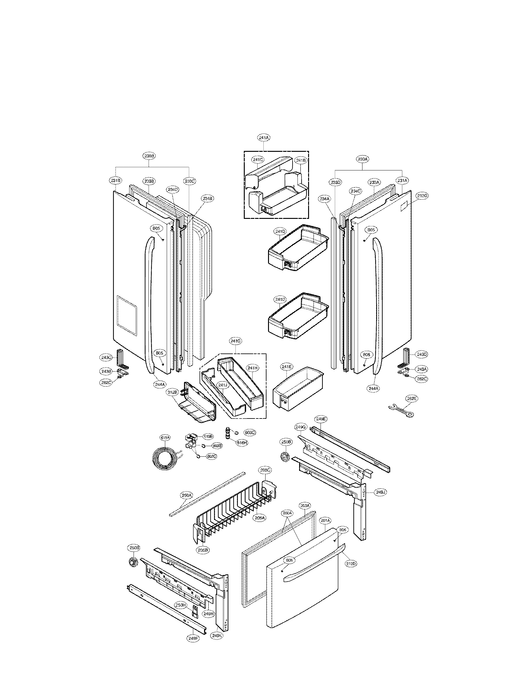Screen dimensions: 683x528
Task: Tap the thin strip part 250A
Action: click(x=207, y=497)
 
